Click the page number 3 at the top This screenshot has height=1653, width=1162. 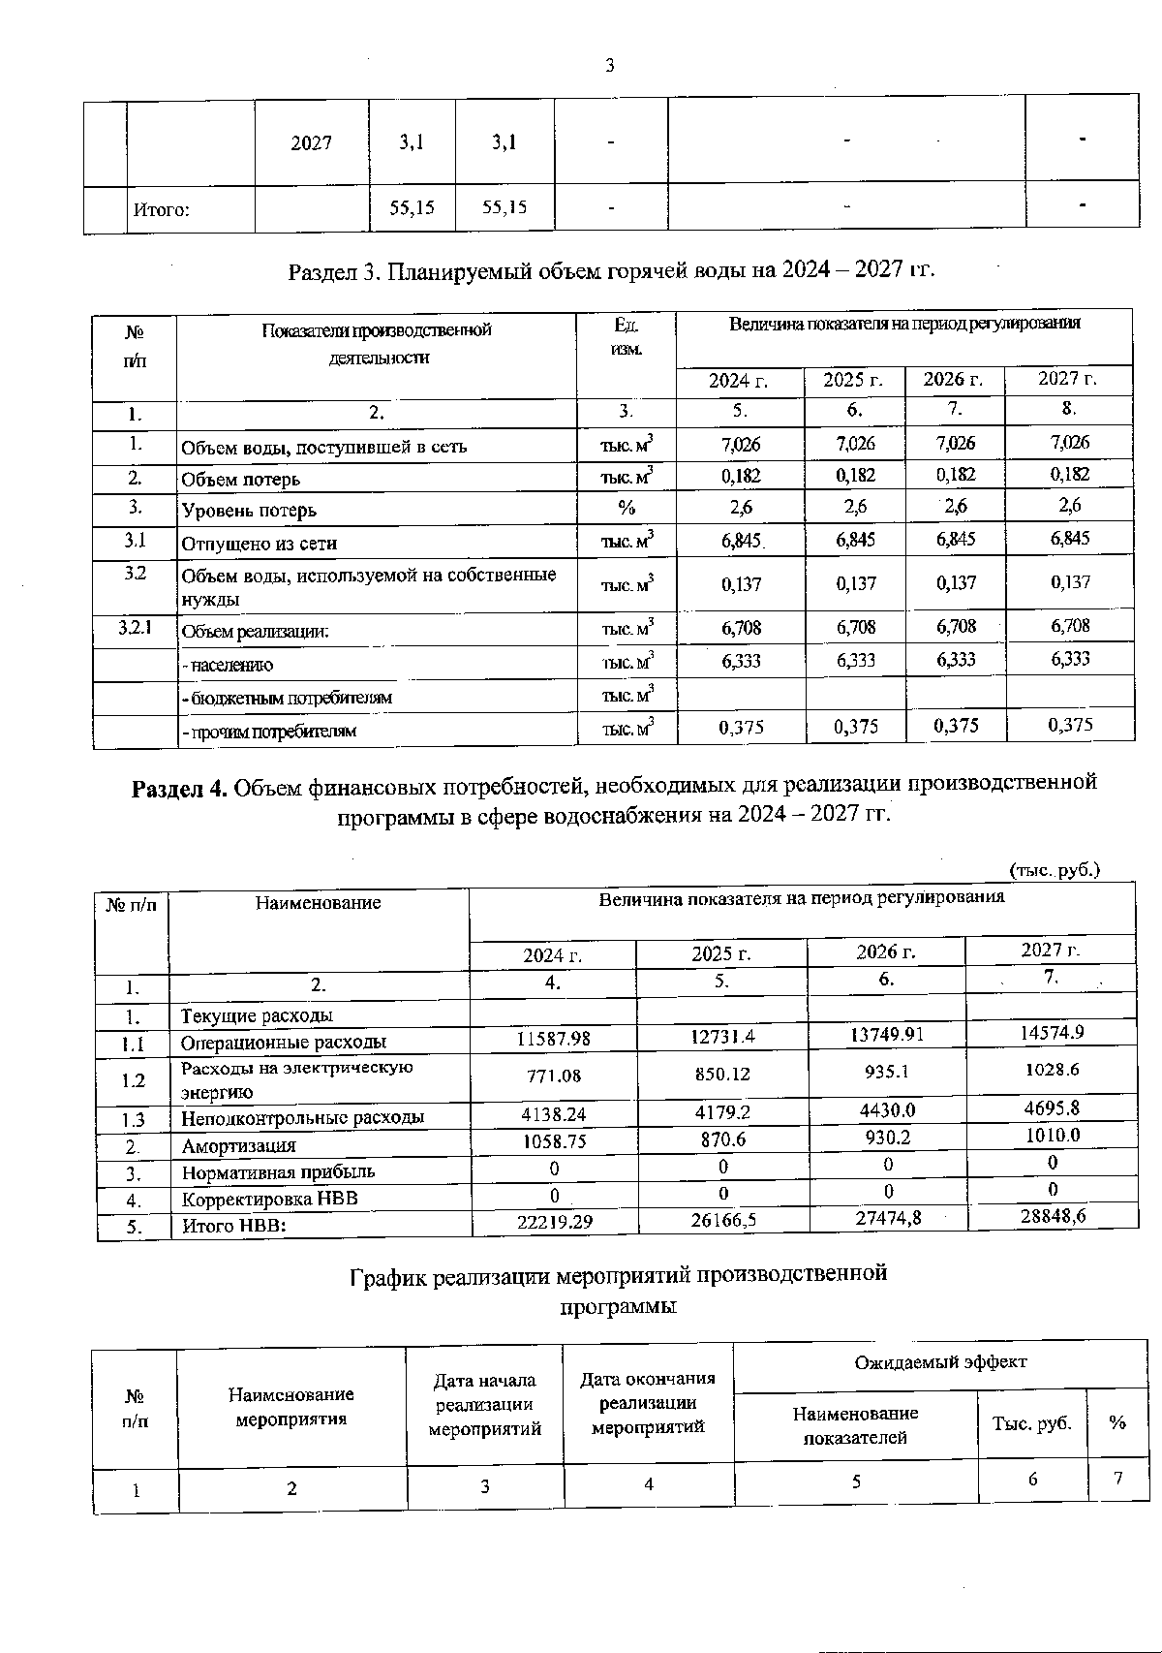tap(610, 66)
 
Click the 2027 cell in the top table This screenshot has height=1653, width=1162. tap(311, 142)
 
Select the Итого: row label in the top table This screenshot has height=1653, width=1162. tap(161, 208)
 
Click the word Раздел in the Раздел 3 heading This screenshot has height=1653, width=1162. tap(323, 269)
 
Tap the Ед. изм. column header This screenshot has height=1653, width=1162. tap(627, 336)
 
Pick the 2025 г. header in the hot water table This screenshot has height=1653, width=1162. tap(853, 380)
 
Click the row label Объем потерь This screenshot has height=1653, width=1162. tap(241, 479)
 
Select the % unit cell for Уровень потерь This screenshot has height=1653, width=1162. tap(627, 508)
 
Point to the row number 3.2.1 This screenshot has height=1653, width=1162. tap(135, 627)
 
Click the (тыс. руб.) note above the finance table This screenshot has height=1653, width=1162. tap(1055, 870)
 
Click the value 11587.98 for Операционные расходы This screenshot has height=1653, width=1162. tap(553, 1038)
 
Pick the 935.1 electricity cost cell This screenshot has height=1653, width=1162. tap(886, 1074)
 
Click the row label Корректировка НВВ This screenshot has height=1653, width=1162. tap(270, 1199)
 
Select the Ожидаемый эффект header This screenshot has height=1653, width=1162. tap(939, 1361)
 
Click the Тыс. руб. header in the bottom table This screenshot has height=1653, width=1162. tap(1031, 1423)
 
